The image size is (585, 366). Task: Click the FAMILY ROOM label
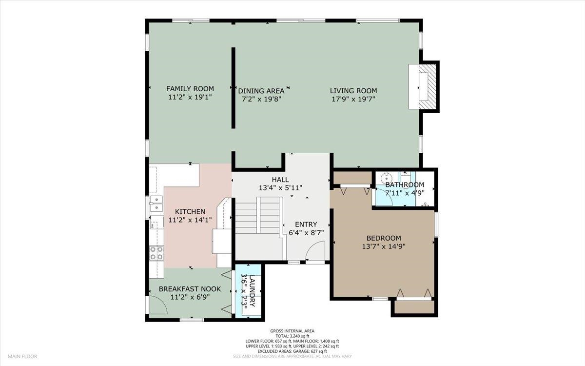click(190, 89)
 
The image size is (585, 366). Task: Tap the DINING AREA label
click(261, 91)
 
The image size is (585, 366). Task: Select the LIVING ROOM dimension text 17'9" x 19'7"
click(353, 99)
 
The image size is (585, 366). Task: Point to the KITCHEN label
click(190, 212)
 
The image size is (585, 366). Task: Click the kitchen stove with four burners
click(156, 253)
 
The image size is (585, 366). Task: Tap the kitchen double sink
click(156, 203)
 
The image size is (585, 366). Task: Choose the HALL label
click(280, 180)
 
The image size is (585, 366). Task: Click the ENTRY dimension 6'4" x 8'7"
click(306, 232)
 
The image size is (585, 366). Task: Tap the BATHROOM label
click(405, 185)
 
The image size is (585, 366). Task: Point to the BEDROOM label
click(384, 238)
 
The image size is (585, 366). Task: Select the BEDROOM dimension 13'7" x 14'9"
click(384, 246)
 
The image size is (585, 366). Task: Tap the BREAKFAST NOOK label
click(190, 289)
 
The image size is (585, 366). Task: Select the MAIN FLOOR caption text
click(22, 357)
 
